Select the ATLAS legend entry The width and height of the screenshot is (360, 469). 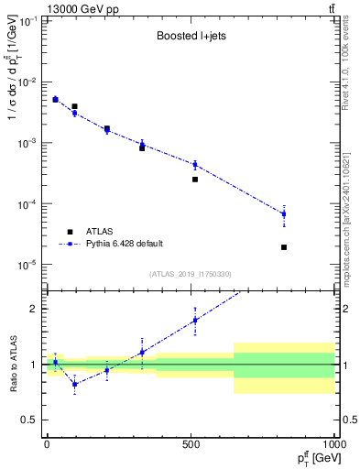(x=101, y=231)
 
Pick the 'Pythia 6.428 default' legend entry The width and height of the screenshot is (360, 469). (x=124, y=244)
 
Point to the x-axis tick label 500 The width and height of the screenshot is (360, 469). (x=191, y=442)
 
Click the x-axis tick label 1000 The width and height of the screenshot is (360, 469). (x=331, y=442)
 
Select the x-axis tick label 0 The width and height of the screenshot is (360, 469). (x=47, y=442)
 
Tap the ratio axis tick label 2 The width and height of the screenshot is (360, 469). (x=33, y=309)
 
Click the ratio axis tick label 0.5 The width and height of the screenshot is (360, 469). (x=29, y=420)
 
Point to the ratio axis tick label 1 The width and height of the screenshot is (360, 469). (x=33, y=365)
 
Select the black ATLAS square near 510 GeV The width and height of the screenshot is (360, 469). (x=195, y=180)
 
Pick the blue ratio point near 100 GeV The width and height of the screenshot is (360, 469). (x=75, y=384)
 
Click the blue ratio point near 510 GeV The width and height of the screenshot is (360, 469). (x=195, y=321)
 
